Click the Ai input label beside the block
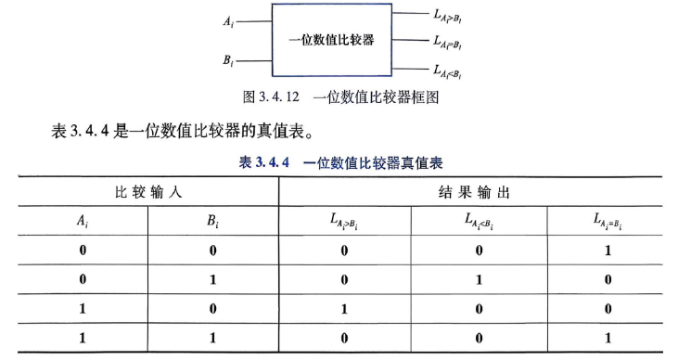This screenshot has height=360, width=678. pos(228,20)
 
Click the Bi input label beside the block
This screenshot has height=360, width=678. pos(228,60)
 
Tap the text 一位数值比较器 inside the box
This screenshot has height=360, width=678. pos(331,40)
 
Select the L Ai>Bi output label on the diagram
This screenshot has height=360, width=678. pos(448,17)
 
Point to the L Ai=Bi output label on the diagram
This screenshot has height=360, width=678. pos(448,43)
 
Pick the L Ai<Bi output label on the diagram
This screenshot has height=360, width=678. pos(448,71)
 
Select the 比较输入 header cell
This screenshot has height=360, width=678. pos(148,192)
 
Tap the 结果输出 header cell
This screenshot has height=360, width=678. pos(474,192)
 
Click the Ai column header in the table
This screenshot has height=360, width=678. pos(83,221)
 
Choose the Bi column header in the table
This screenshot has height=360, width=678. pos(212,221)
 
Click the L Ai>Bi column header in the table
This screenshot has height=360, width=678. pos(344,221)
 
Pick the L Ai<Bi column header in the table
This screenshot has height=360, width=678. pos(479,221)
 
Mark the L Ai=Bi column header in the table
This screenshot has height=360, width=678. pos(608,221)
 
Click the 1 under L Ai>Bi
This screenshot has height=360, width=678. pos(344,309)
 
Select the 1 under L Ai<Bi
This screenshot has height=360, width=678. pos(479,279)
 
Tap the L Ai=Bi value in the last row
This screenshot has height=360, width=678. pos(608,338)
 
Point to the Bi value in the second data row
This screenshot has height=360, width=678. pos(212,279)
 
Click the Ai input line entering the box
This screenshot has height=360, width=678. pos(254,21)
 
